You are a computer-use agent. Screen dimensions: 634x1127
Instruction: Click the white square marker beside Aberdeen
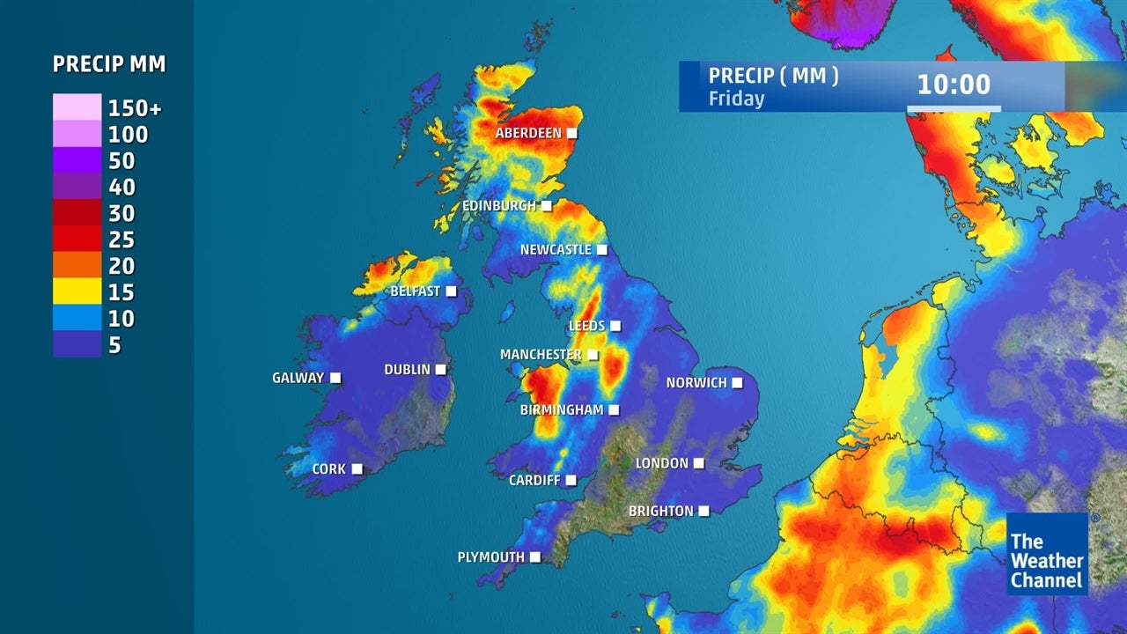point(571,133)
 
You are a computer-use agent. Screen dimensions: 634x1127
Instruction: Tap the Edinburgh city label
point(499,206)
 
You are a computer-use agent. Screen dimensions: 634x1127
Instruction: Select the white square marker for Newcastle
point(602,250)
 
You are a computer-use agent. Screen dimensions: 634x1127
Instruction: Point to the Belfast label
point(415,291)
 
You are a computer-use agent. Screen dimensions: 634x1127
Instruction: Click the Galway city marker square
point(335,379)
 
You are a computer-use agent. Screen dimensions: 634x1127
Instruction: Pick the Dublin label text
point(407,370)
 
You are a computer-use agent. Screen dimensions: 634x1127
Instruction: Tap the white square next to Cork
point(357,469)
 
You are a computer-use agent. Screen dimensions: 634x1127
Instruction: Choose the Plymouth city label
point(490,557)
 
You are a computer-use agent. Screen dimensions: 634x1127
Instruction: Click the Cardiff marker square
point(571,480)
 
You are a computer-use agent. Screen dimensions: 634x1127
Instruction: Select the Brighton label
point(660,511)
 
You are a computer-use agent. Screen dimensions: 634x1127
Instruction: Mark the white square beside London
point(698,463)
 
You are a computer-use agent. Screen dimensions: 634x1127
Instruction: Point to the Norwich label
point(696,383)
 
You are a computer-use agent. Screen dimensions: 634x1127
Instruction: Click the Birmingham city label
point(562,410)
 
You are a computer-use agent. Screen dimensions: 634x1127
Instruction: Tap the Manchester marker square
point(593,355)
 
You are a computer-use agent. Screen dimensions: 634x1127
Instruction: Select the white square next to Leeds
point(615,326)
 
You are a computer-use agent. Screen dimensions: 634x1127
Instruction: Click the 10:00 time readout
point(954,85)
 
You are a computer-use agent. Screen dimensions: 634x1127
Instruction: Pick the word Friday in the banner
point(736,99)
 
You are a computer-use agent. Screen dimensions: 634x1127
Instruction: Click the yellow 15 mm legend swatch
point(77,291)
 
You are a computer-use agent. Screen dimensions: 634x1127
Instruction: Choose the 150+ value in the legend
point(135,108)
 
